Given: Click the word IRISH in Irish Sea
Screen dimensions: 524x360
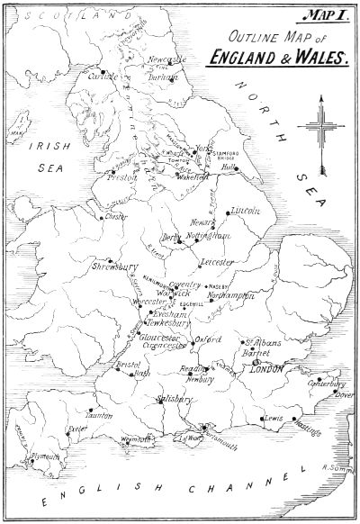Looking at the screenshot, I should pos(42,145).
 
